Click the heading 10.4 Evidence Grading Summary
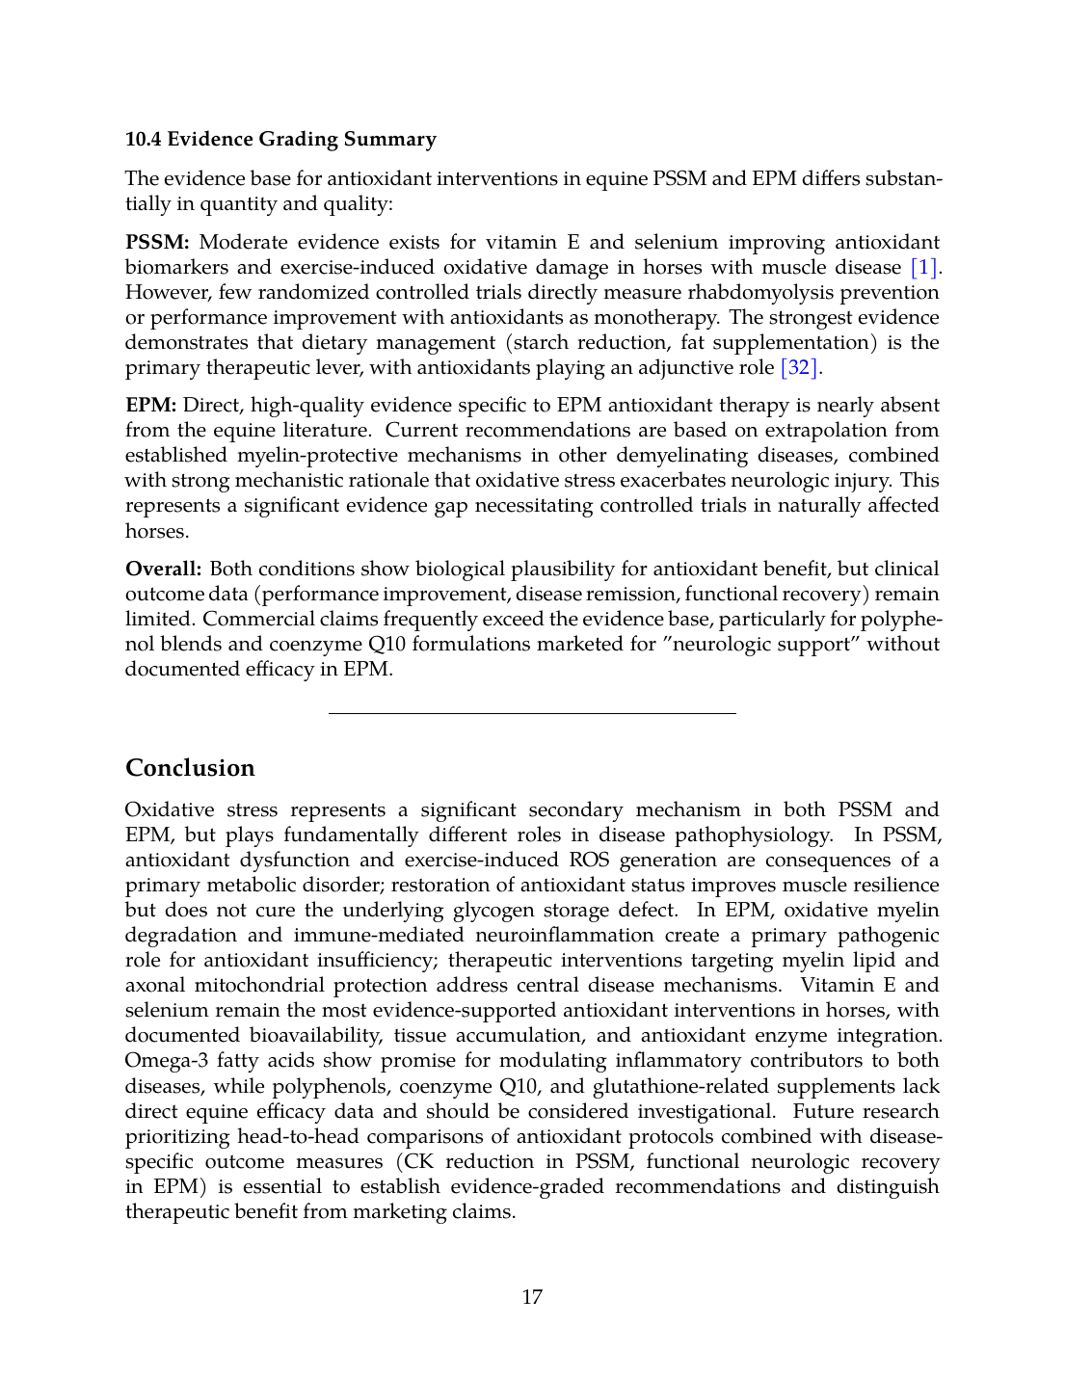click(280, 140)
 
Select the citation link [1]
click(923, 268)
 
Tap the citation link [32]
click(799, 368)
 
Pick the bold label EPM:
click(150, 406)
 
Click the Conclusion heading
click(190, 768)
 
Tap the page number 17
click(532, 1298)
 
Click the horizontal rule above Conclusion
click(532, 713)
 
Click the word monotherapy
click(659, 318)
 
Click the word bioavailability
click(315, 1036)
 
